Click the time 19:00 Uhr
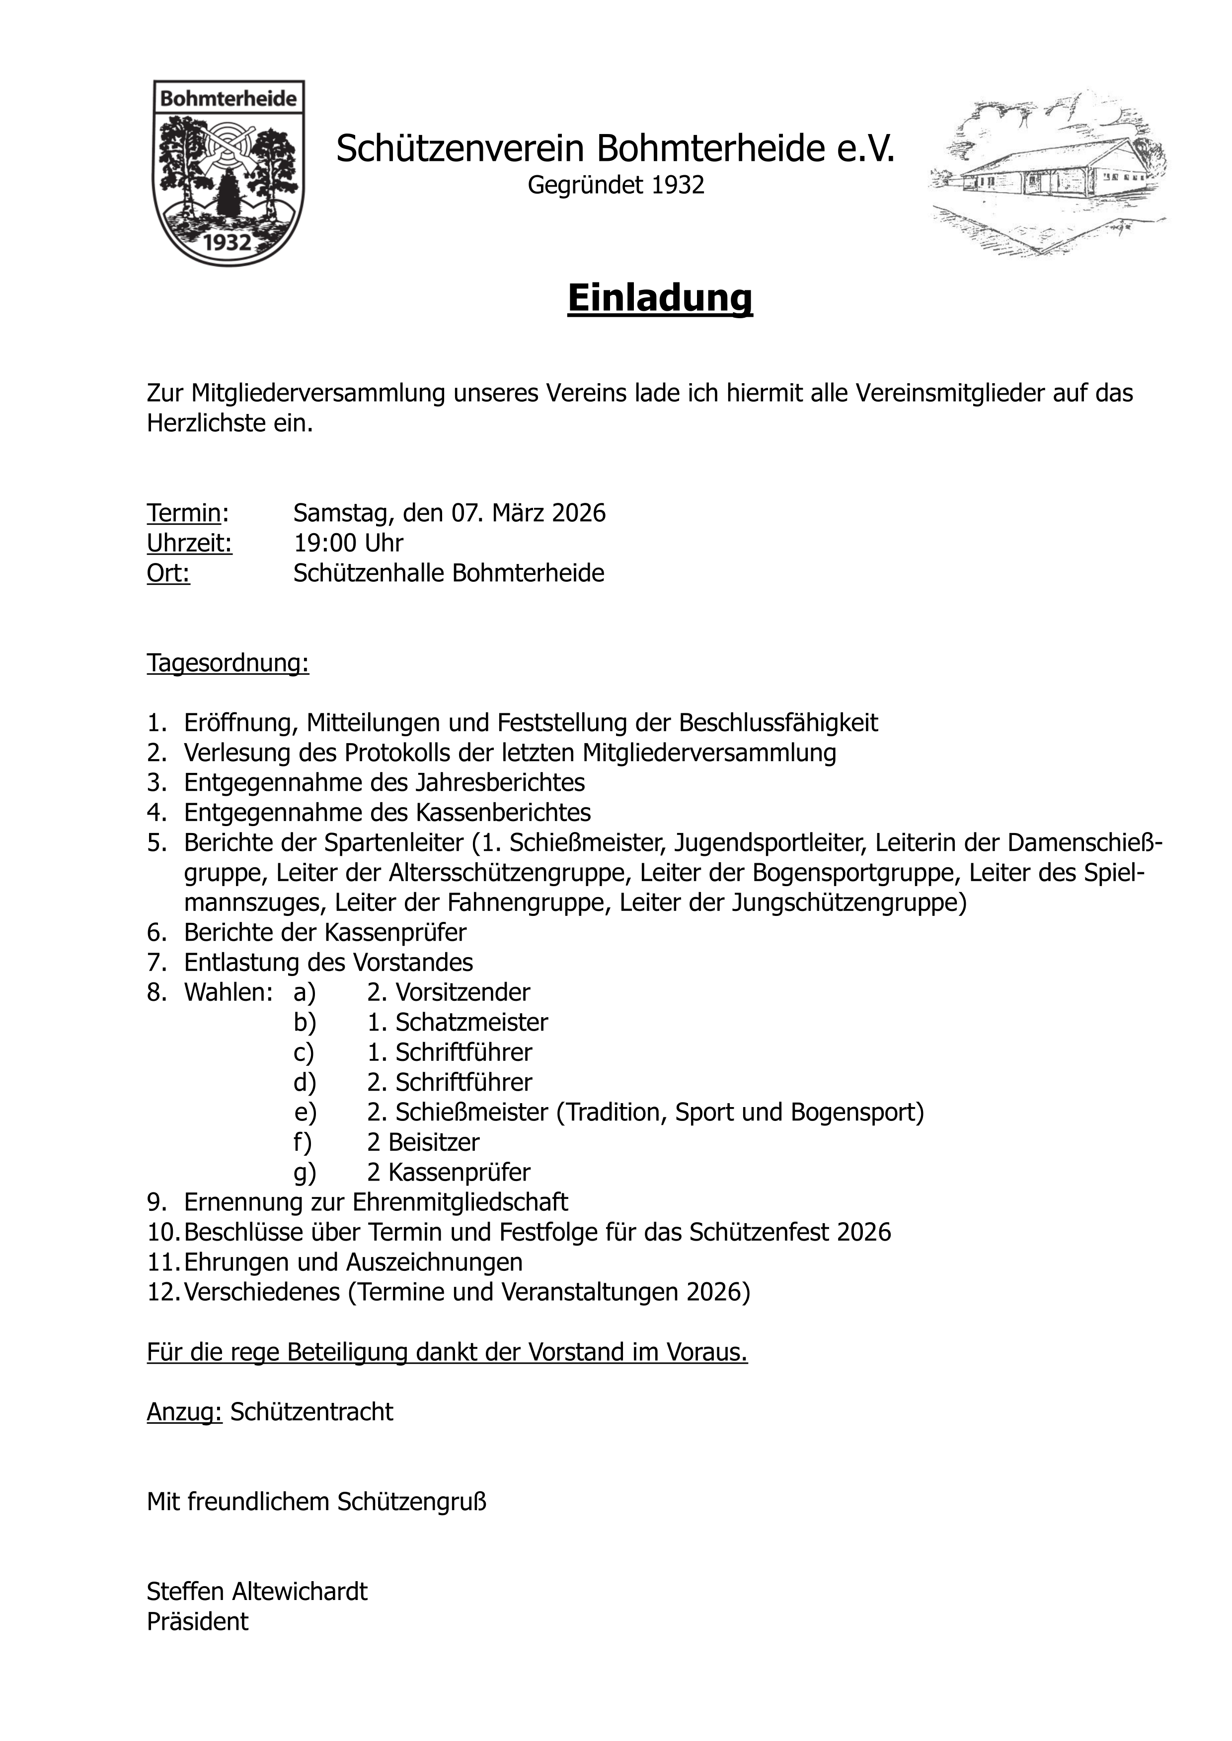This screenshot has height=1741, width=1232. (348, 543)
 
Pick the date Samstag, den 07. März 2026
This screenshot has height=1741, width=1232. (449, 513)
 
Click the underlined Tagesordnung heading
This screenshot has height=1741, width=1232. (228, 663)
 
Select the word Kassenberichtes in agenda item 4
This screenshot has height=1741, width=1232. (502, 812)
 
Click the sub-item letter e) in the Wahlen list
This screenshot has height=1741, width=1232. (305, 1113)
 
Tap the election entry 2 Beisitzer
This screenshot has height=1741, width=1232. (423, 1142)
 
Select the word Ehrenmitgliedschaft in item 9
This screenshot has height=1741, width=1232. (460, 1202)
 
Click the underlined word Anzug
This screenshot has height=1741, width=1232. (184, 1411)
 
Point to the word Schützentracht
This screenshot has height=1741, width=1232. (312, 1411)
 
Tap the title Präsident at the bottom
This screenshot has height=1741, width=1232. (197, 1621)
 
